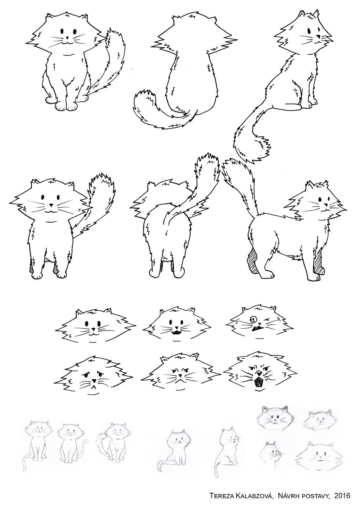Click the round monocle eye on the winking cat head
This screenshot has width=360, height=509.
click(x=252, y=319)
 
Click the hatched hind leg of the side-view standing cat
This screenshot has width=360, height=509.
click(x=253, y=261)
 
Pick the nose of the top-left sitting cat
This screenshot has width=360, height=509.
click(x=67, y=37)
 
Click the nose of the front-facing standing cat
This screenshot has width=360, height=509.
click(x=51, y=205)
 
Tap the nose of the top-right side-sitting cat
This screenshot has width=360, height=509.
click(x=318, y=36)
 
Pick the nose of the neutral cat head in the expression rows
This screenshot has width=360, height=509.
click(x=93, y=329)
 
